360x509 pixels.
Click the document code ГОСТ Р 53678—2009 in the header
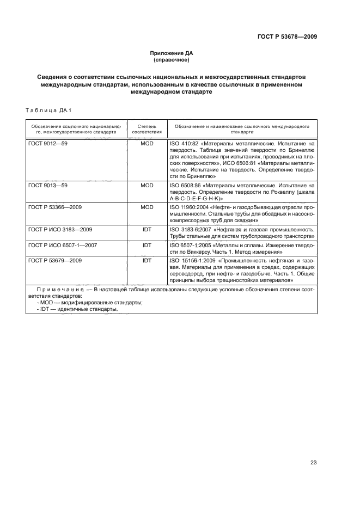pyautogui.click(x=287, y=36)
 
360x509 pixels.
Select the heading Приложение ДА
pyautogui.click(x=172, y=53)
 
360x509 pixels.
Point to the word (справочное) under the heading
pyautogui.click(x=172, y=60)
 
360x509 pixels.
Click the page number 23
pyautogui.click(x=313, y=463)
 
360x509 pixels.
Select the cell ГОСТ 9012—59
pyautogui.click(x=46, y=143)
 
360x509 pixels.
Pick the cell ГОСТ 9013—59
pyautogui.click(x=46, y=186)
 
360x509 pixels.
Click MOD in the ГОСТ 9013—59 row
pyautogui.click(x=147, y=186)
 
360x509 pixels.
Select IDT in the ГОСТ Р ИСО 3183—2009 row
pyautogui.click(x=147, y=230)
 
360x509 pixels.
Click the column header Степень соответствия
pyautogui.click(x=147, y=128)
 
